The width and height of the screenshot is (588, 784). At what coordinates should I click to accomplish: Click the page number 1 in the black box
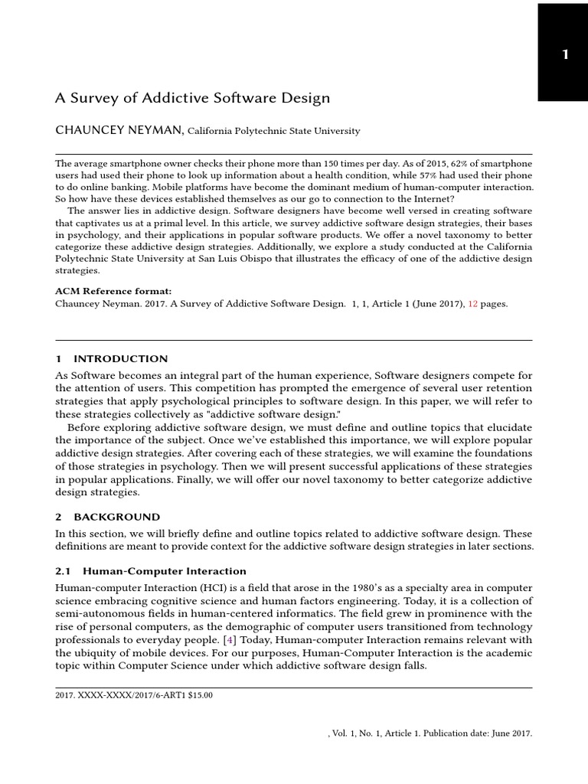[565, 54]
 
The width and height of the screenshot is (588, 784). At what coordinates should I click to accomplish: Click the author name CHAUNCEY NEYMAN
[119, 130]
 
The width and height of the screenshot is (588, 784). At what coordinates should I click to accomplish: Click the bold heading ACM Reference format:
[113, 291]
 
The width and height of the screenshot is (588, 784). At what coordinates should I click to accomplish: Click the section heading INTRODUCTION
[120, 359]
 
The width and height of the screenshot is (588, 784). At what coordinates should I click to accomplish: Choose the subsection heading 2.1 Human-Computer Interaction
[151, 571]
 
